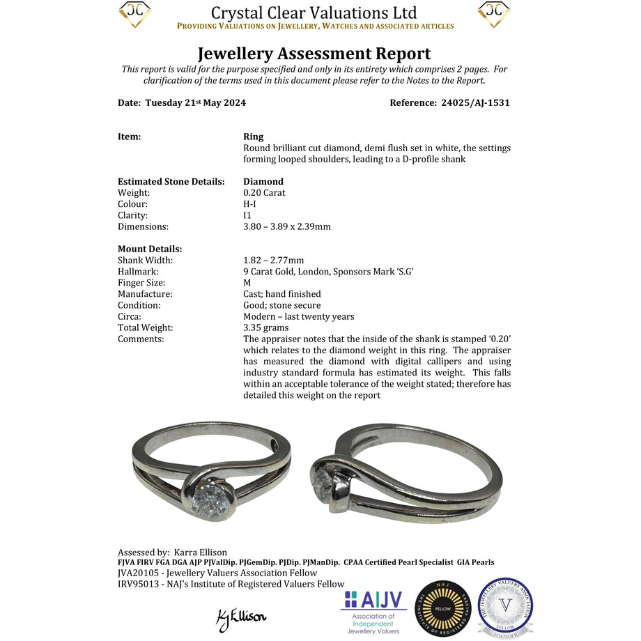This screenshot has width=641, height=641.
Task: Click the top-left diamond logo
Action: click(x=135, y=14)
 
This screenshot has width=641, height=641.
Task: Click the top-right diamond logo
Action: click(x=493, y=14)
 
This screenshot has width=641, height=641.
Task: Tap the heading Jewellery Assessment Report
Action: click(x=314, y=54)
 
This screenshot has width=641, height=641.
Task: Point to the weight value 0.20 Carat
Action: click(x=264, y=192)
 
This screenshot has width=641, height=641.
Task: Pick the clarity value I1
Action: click(x=247, y=215)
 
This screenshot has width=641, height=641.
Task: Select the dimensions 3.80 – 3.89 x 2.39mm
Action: click(x=287, y=226)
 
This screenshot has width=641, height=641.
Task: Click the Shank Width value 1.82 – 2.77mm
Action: click(x=274, y=261)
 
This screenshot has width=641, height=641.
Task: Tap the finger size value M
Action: click(x=247, y=283)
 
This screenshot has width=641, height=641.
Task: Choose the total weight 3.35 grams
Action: click(x=265, y=327)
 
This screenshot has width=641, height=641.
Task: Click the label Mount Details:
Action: click(x=150, y=249)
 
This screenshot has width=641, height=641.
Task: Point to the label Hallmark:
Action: click(x=138, y=272)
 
